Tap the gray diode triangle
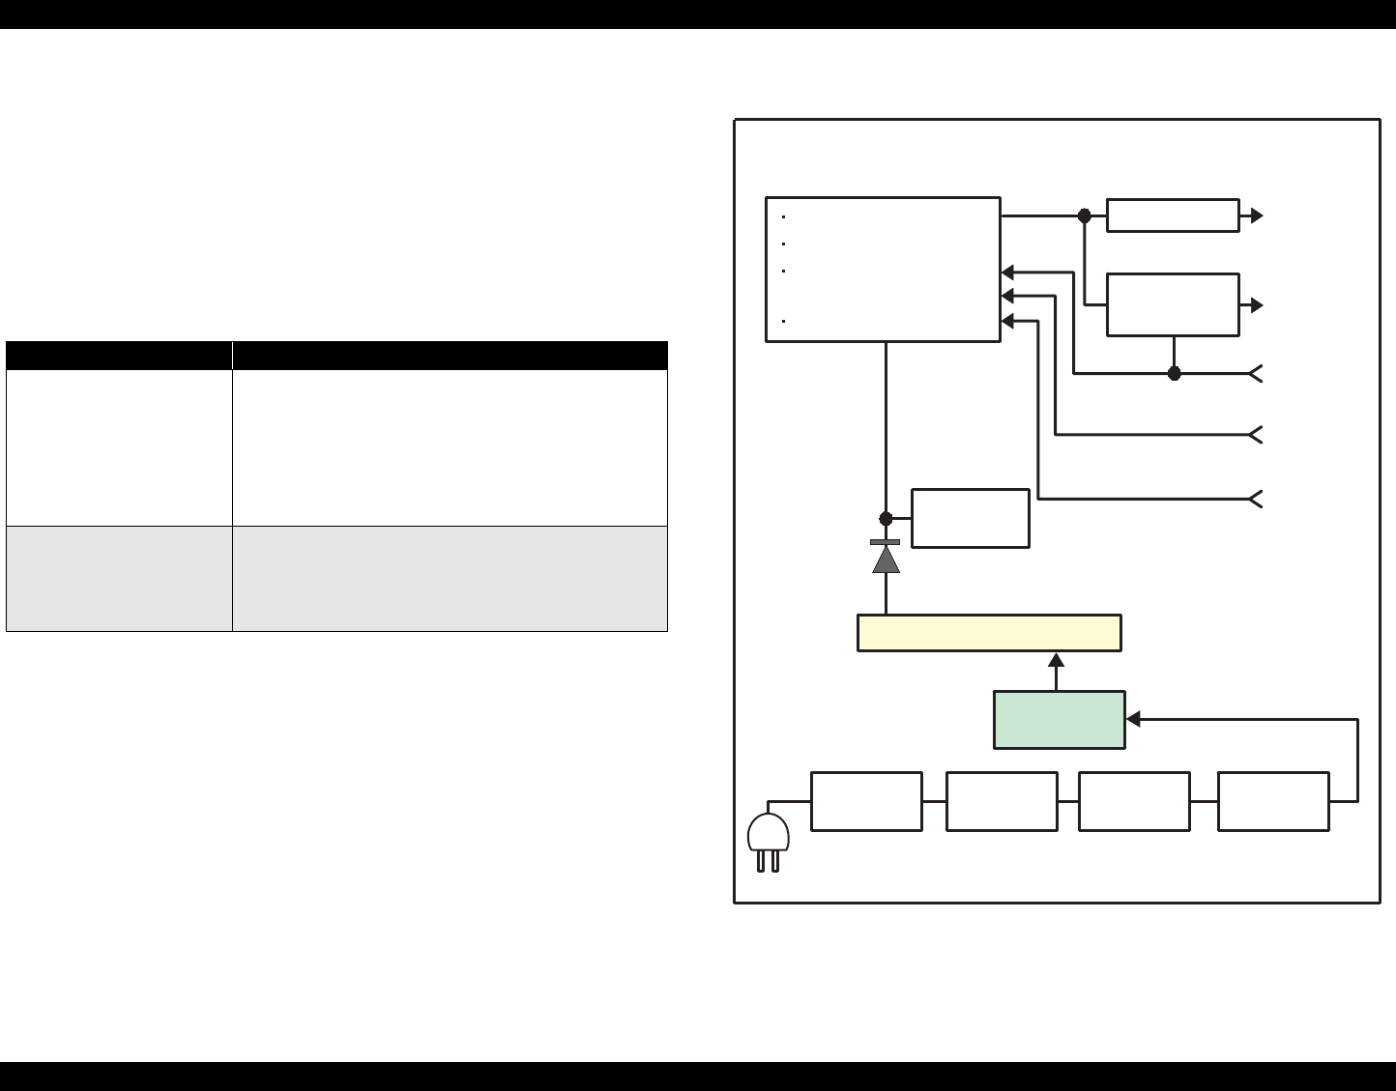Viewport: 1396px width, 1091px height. pos(886,560)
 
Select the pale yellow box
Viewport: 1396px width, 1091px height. pos(989,633)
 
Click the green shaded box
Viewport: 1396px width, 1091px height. pos(1059,719)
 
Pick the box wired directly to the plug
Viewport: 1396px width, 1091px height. pos(866,801)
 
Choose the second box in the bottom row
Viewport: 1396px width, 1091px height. pos(1002,801)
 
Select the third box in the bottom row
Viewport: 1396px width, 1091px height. pos(1134,801)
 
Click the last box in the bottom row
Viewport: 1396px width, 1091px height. pos(1273,801)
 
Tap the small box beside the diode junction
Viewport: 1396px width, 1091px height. pos(970,518)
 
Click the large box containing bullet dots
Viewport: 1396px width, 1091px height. pos(883,270)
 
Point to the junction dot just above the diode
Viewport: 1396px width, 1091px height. pos(886,519)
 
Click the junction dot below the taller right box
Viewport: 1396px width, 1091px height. pos(1175,373)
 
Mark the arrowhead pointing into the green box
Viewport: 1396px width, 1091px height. pos(1134,719)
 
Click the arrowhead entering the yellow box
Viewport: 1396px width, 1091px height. pos(1057,660)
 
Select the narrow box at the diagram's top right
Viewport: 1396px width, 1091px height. pos(1173,215)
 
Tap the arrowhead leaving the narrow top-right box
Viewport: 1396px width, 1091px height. pos(1257,215)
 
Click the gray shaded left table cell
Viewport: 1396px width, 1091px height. pos(119,578)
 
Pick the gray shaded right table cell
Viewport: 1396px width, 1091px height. pos(450,578)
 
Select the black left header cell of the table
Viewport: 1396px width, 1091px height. pos(119,355)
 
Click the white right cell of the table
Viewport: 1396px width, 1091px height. pos(450,447)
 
